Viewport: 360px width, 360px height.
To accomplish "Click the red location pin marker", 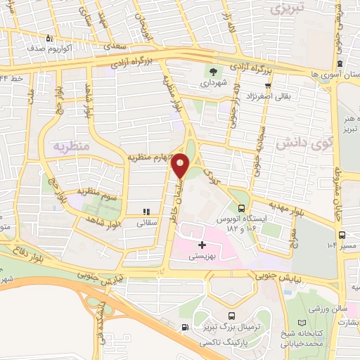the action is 181,165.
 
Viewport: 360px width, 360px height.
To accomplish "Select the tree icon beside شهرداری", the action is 212,71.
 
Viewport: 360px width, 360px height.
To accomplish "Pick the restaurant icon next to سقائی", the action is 146,211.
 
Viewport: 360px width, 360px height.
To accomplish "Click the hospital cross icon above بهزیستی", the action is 202,245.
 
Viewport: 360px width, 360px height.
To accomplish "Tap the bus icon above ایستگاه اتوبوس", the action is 242,208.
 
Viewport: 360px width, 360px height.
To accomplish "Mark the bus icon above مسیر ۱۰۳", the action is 342,235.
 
